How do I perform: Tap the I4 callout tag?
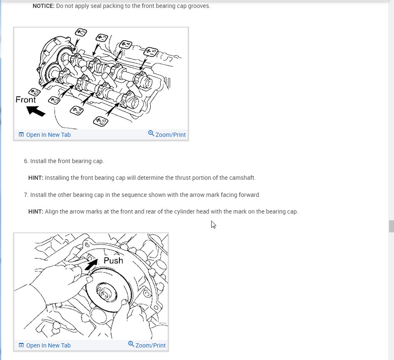[125, 45]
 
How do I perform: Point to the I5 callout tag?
[150, 52]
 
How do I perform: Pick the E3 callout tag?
[54, 101]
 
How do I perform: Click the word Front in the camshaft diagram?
[26, 100]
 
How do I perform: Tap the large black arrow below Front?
[35, 111]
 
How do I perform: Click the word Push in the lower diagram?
[113, 261]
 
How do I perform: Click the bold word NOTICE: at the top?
[43, 6]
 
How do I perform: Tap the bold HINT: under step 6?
[35, 178]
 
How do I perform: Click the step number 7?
[26, 195]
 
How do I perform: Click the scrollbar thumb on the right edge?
[391, 226]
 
